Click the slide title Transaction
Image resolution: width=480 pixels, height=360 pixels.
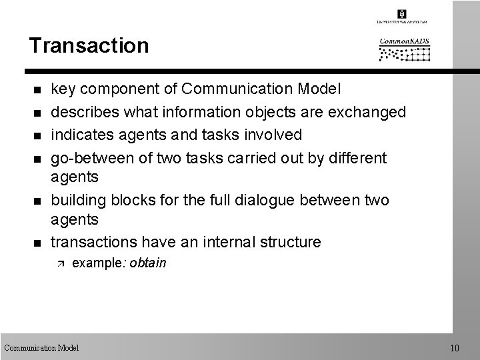tap(89, 46)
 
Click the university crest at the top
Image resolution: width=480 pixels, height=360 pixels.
tap(402, 14)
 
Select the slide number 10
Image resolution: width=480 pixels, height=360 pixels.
tap(455, 347)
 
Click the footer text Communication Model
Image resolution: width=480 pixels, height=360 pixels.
tap(41, 347)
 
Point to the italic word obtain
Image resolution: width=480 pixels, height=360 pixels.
tap(148, 263)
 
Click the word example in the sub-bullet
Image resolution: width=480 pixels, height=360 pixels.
tap(91, 263)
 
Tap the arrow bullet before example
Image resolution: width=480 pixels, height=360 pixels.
tap(57, 264)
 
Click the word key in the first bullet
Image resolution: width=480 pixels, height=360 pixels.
tap(63, 89)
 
